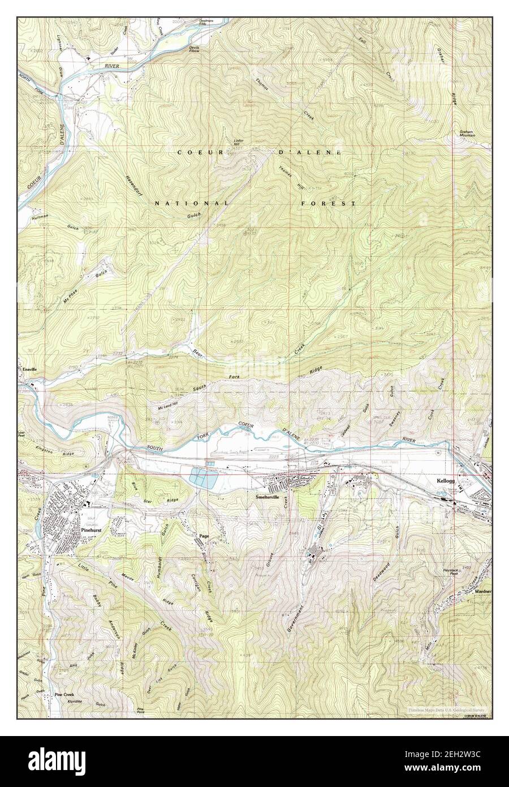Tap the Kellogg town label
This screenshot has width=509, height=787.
pos(446,481)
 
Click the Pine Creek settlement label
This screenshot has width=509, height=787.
pos(64,694)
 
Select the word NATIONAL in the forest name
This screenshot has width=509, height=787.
pos(192,203)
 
